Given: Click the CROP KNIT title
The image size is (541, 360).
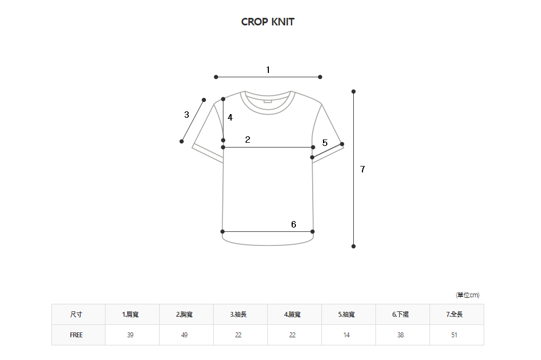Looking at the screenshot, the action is [268, 22].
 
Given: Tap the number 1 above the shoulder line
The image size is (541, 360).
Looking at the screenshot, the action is [268, 70].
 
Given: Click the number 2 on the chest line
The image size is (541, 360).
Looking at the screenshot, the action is [247, 139].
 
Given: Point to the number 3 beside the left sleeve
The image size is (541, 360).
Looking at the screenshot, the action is [187, 115].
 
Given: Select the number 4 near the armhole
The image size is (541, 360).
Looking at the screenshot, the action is [230, 117].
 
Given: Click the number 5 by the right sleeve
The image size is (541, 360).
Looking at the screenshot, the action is [325, 143].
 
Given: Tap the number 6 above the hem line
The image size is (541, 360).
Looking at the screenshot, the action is [293, 224].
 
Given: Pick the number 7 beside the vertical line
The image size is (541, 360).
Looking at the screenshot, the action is [362, 169].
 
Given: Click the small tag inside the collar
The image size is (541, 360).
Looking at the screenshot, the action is [268, 100].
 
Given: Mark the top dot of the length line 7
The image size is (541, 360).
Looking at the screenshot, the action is [353, 91].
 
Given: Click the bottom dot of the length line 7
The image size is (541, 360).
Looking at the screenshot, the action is [353, 246].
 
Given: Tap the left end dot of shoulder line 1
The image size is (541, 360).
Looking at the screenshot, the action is [216, 77].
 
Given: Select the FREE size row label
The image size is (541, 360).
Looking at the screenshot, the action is [76, 335].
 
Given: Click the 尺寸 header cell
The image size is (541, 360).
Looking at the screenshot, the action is [76, 315].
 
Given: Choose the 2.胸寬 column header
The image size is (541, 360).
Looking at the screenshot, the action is [184, 315].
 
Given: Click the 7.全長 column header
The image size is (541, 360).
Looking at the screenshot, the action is [454, 315].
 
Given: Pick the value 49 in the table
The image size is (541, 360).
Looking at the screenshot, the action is [184, 335].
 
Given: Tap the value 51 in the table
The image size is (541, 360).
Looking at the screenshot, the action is [454, 335].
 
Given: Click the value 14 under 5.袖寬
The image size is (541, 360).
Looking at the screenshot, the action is [346, 335].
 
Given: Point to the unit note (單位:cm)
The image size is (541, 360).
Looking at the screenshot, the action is [467, 295].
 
